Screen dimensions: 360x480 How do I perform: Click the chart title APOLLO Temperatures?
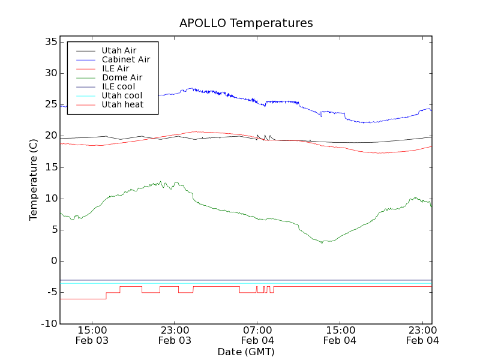246,23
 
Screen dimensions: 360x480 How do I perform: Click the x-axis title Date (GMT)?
246,352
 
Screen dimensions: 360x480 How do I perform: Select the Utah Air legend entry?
119,50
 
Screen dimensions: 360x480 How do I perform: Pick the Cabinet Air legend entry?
125,59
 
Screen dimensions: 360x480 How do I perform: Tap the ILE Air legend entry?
115,68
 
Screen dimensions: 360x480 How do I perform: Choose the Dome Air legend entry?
122,77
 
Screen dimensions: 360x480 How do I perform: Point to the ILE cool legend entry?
118,86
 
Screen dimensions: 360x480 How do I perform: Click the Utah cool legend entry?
122,95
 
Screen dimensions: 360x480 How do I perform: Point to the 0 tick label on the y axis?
54,261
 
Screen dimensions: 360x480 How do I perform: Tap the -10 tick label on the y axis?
49,323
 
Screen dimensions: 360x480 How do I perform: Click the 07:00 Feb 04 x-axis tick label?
257,335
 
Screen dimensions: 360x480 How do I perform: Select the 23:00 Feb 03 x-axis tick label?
175,335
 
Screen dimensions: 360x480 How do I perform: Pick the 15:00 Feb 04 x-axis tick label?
340,335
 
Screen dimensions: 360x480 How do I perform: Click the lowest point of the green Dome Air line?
322,243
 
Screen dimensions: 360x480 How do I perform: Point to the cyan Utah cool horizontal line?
246,283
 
